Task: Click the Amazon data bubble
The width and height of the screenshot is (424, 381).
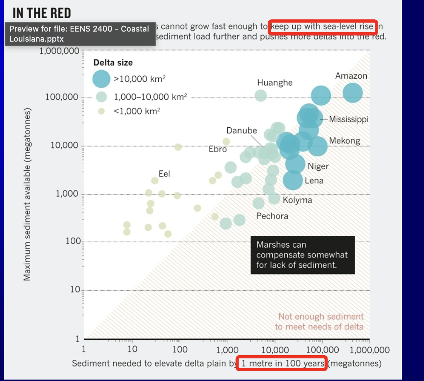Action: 353,93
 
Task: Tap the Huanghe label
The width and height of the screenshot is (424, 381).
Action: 275,83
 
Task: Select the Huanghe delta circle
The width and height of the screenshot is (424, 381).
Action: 261,95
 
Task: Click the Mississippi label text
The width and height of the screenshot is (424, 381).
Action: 349,119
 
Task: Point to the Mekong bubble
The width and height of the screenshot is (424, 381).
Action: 317,146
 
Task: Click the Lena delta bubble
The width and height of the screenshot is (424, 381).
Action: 293,180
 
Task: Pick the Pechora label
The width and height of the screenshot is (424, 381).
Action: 272,216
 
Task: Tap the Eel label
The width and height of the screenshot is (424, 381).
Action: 164,174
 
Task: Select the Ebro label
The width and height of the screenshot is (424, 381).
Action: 218,149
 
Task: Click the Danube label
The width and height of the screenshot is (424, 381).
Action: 241,131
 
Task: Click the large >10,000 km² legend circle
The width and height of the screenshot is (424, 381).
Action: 101,79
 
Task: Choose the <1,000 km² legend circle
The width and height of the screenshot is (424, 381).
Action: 102,111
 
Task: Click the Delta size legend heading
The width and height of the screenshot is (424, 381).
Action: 113,62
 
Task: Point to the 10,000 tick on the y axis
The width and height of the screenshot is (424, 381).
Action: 64,145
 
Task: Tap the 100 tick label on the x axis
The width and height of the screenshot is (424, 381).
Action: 180,349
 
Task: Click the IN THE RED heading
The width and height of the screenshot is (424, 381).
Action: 42,13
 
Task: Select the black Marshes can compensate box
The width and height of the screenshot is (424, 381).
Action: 302,255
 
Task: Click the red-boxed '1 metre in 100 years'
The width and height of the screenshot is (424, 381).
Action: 282,363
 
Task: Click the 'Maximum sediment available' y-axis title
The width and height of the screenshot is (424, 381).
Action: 27,194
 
